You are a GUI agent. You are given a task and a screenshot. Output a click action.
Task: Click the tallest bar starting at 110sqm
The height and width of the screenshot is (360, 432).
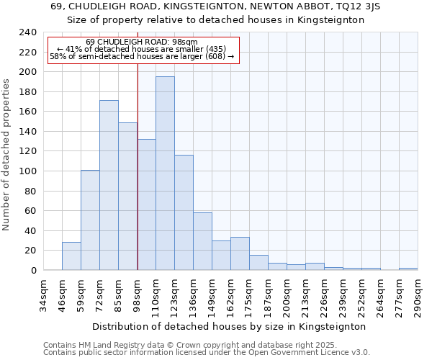tap(165, 174)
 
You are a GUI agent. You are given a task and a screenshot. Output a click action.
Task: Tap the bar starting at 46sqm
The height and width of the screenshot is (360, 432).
tap(71, 256)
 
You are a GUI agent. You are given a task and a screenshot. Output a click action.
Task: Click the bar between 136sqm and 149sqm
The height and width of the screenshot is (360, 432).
tap(202, 241)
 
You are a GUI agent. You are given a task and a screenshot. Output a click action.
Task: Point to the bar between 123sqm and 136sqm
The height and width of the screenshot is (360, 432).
tap(184, 212)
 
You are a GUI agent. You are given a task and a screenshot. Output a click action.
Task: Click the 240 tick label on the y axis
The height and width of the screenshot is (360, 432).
tap(27, 32)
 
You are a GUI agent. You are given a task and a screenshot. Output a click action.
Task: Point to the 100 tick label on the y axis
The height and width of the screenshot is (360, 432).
tap(27, 171)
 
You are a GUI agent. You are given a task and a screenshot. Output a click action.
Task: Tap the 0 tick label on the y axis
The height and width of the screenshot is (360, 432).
tap(33, 271)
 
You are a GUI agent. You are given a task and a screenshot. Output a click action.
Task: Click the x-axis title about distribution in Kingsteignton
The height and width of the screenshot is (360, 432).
tap(230, 326)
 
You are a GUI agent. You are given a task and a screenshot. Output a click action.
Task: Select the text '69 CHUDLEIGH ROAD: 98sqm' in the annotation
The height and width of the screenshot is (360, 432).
tap(141, 42)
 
